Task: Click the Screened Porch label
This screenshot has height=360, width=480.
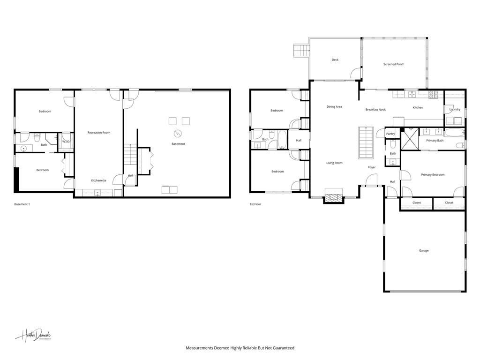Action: click(393, 64)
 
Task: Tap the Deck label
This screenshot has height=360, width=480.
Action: click(335, 60)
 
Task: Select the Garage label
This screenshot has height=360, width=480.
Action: click(423, 251)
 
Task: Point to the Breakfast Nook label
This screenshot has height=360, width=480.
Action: click(375, 110)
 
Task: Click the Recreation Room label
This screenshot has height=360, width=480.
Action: click(98, 133)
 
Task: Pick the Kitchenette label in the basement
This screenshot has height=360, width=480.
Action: click(98, 180)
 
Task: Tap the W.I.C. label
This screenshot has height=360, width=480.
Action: click(66, 142)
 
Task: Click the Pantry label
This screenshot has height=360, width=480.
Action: click(390, 134)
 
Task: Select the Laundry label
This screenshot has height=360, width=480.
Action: click(455, 110)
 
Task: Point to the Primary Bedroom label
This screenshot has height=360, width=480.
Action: click(432, 175)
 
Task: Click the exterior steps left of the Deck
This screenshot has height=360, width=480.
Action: click(301, 50)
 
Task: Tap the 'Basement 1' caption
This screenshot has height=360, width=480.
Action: click(22, 204)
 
